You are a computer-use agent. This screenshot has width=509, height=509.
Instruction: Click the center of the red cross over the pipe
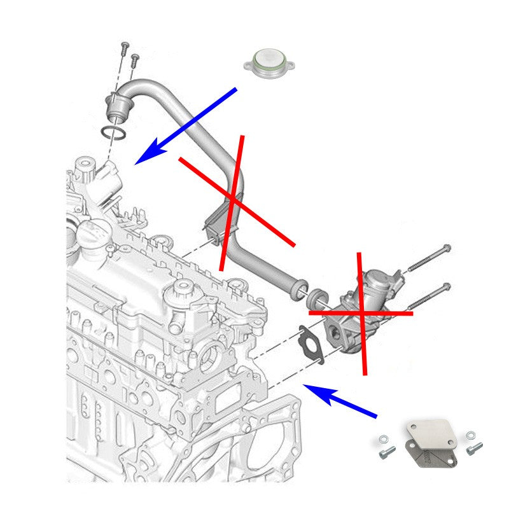pyautogui.click(x=234, y=200)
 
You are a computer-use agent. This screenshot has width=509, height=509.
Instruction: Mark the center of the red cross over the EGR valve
pyautogui.click(x=362, y=312)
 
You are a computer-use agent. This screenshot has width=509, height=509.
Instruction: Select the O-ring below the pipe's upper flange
pyautogui.click(x=113, y=133)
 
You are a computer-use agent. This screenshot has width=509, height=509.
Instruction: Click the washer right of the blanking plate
pyautogui.click(x=470, y=435)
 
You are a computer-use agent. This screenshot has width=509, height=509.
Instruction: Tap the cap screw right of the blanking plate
pyautogui.click(x=471, y=449)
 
